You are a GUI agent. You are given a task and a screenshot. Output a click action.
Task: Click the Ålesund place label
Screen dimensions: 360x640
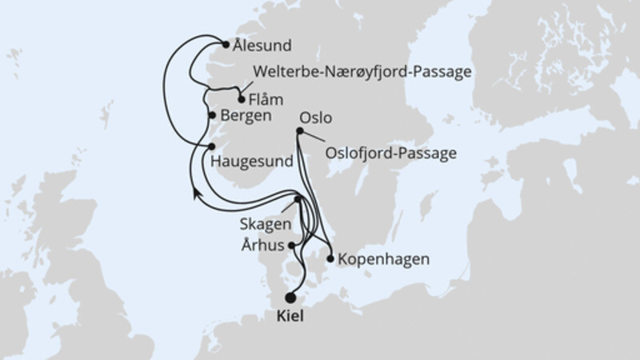[263, 46]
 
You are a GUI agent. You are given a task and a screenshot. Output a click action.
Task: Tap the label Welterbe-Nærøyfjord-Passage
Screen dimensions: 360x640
[362, 72]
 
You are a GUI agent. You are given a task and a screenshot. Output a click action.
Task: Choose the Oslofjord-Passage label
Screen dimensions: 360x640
[390, 152]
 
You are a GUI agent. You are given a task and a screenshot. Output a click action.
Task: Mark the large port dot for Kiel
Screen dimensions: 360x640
[290, 297]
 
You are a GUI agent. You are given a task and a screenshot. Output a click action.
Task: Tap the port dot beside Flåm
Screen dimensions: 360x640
[242, 101]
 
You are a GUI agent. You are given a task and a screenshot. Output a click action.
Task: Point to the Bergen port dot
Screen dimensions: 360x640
[212, 115]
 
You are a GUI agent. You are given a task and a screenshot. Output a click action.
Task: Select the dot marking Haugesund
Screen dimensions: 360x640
[212, 146]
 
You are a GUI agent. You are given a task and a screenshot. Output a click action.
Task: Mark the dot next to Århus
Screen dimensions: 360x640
[293, 246]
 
